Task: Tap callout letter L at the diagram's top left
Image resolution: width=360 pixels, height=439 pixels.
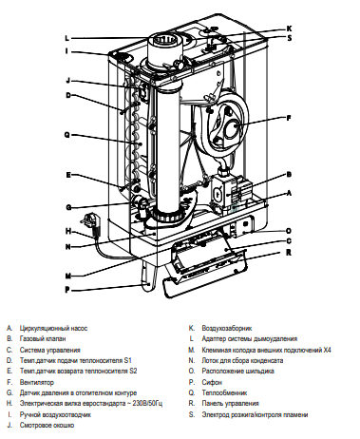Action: point(67,38)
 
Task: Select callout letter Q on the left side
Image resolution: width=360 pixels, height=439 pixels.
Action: point(67,134)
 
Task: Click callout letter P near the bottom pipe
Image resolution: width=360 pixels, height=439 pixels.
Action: point(67,288)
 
